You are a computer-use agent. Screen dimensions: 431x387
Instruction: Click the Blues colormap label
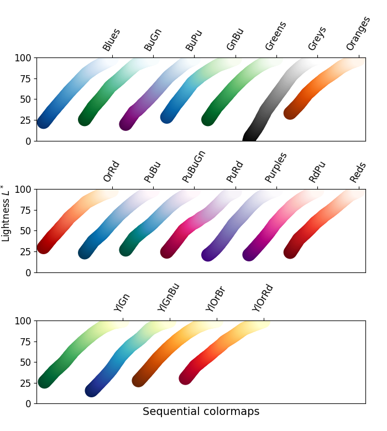(112, 40)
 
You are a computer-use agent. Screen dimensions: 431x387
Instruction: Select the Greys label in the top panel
(317, 39)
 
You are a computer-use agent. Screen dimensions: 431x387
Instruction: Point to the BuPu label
(194, 40)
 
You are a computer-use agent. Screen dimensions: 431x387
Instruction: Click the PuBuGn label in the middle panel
(194, 166)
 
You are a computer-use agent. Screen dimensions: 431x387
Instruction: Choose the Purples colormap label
(276, 167)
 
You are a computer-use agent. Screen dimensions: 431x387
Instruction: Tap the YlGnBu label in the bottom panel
(169, 297)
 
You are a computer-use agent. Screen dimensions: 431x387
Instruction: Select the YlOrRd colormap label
(263, 298)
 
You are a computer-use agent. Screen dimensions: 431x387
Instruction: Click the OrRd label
(112, 172)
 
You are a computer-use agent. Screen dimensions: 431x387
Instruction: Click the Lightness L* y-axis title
(6, 213)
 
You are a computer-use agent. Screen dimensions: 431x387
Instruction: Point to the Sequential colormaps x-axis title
(201, 412)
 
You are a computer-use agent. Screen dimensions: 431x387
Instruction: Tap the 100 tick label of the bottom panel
(24, 320)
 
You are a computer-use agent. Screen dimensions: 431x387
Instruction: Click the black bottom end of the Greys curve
(250, 138)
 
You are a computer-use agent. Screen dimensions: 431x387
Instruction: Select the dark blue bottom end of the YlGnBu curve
(92, 390)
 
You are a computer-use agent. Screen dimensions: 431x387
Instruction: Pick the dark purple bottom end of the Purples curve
(208, 255)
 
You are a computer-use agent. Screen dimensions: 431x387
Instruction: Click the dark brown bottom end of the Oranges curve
(291, 112)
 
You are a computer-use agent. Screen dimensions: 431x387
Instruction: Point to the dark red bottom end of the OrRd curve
(44, 247)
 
